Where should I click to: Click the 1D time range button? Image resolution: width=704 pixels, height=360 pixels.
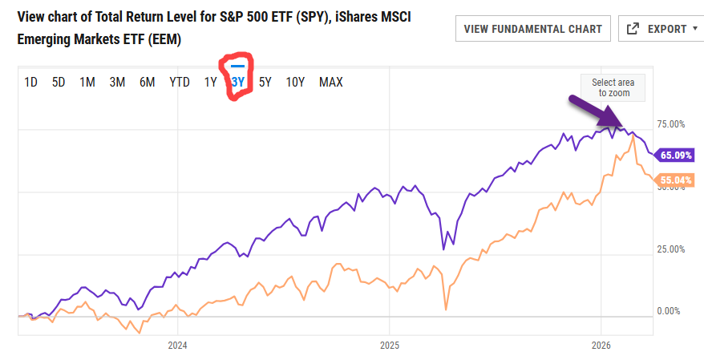point(31,82)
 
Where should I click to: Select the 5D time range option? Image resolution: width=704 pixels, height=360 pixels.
point(59,82)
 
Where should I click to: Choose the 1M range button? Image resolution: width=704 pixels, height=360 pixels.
point(87,82)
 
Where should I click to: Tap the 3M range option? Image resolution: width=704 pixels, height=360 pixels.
point(117,82)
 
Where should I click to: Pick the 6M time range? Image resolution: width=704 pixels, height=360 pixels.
point(147,82)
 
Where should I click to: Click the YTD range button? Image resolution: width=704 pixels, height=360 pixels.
point(180,82)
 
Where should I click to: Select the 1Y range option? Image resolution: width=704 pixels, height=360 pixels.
point(211,82)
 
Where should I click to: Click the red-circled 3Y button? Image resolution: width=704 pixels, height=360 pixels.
point(238,81)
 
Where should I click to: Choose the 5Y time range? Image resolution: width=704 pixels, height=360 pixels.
point(265,82)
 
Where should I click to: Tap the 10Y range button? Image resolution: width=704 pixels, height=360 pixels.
point(295,82)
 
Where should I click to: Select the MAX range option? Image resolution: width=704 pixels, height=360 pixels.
point(331,82)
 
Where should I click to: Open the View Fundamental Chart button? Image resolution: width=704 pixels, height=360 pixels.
point(533,29)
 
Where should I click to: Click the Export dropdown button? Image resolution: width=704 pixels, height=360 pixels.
point(661,29)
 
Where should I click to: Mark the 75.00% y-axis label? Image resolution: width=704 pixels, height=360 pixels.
point(671,124)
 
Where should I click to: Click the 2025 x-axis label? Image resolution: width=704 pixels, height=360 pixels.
point(388,346)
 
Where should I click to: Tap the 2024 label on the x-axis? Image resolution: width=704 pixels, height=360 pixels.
point(177,346)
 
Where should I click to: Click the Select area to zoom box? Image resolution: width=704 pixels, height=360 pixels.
point(613,88)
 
